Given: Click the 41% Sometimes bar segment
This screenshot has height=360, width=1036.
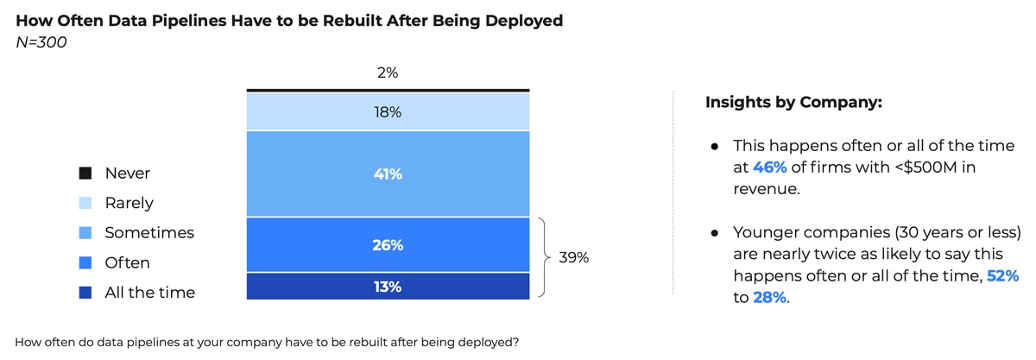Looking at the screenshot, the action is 388,174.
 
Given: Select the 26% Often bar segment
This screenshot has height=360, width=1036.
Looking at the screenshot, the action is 388,245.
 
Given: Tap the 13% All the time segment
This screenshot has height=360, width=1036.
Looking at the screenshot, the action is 388,287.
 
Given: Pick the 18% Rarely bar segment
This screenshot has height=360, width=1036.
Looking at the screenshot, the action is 388,111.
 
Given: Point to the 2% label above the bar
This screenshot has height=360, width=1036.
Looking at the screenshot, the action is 388,73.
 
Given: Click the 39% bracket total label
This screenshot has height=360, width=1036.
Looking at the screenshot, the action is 573,257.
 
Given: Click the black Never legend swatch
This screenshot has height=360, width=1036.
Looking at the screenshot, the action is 85,173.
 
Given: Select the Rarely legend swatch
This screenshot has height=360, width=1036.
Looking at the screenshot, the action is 85,203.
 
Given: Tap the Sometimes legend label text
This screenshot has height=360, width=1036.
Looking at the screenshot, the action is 149,232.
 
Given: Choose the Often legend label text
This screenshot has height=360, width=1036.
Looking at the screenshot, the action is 127,262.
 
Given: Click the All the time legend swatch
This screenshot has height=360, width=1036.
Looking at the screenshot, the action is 85,293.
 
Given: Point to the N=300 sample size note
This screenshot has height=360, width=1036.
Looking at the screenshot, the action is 41,42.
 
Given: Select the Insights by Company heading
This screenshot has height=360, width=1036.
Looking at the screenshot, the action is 793,102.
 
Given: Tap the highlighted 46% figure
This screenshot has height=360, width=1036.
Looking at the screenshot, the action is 769,167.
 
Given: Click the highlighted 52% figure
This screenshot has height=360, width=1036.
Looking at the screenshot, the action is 1002,275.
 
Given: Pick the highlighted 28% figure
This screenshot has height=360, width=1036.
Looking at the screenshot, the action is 769,297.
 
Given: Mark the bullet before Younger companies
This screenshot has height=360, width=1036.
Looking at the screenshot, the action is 715,233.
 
